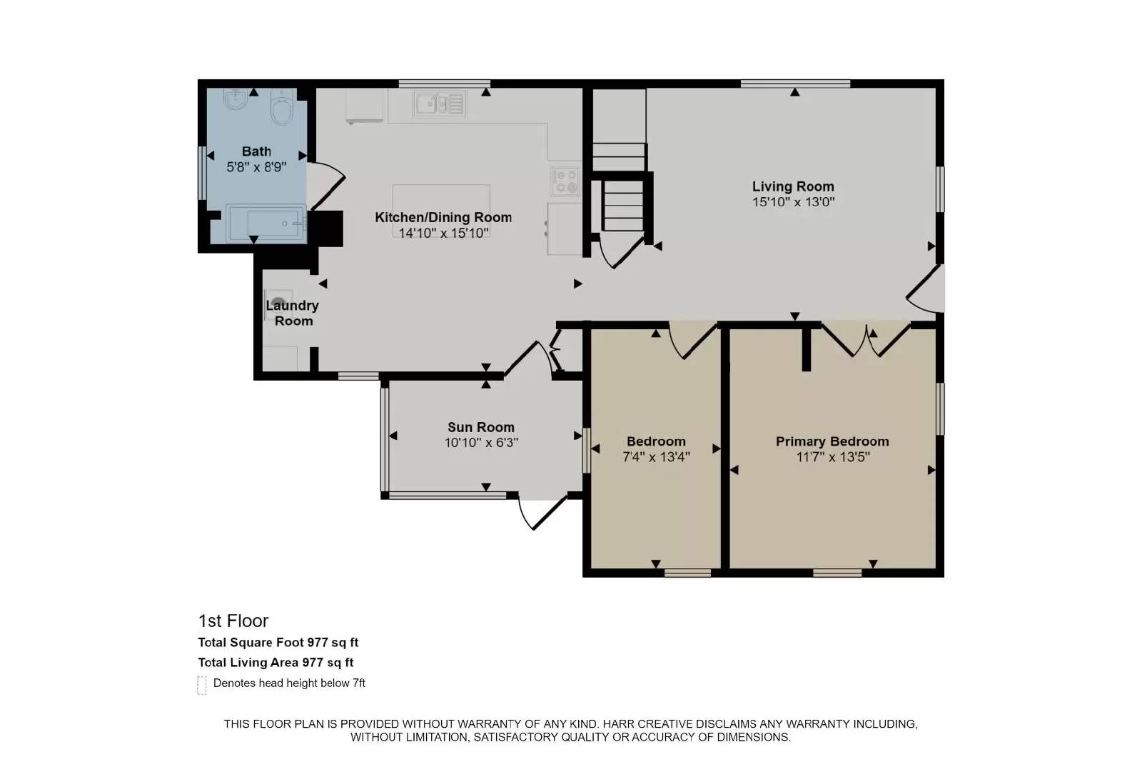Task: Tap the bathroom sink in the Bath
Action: click(234, 101)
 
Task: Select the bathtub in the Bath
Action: click(266, 223)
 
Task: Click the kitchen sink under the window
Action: click(439, 104)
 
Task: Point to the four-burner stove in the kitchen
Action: click(565, 181)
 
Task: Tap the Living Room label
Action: click(793, 186)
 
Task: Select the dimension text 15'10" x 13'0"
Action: click(793, 202)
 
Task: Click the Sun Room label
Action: click(480, 427)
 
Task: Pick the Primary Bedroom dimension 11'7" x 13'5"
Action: click(832, 457)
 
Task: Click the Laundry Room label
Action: click(293, 313)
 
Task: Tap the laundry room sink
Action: click(279, 302)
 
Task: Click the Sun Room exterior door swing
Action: click(539, 513)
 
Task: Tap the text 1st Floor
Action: click(233, 621)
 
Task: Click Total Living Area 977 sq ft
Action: click(276, 663)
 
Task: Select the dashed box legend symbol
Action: click(202, 685)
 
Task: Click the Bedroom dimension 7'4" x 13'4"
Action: click(656, 457)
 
